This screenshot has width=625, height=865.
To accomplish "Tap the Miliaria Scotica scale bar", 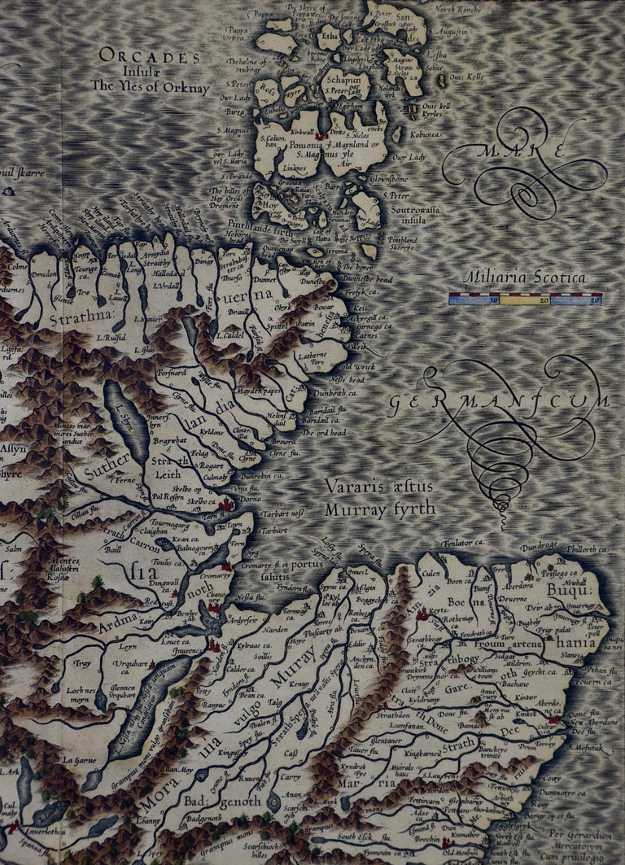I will (525, 299).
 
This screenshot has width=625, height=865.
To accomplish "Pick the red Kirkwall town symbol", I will (323, 135).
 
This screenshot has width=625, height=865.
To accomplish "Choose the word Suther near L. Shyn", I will (95, 473).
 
